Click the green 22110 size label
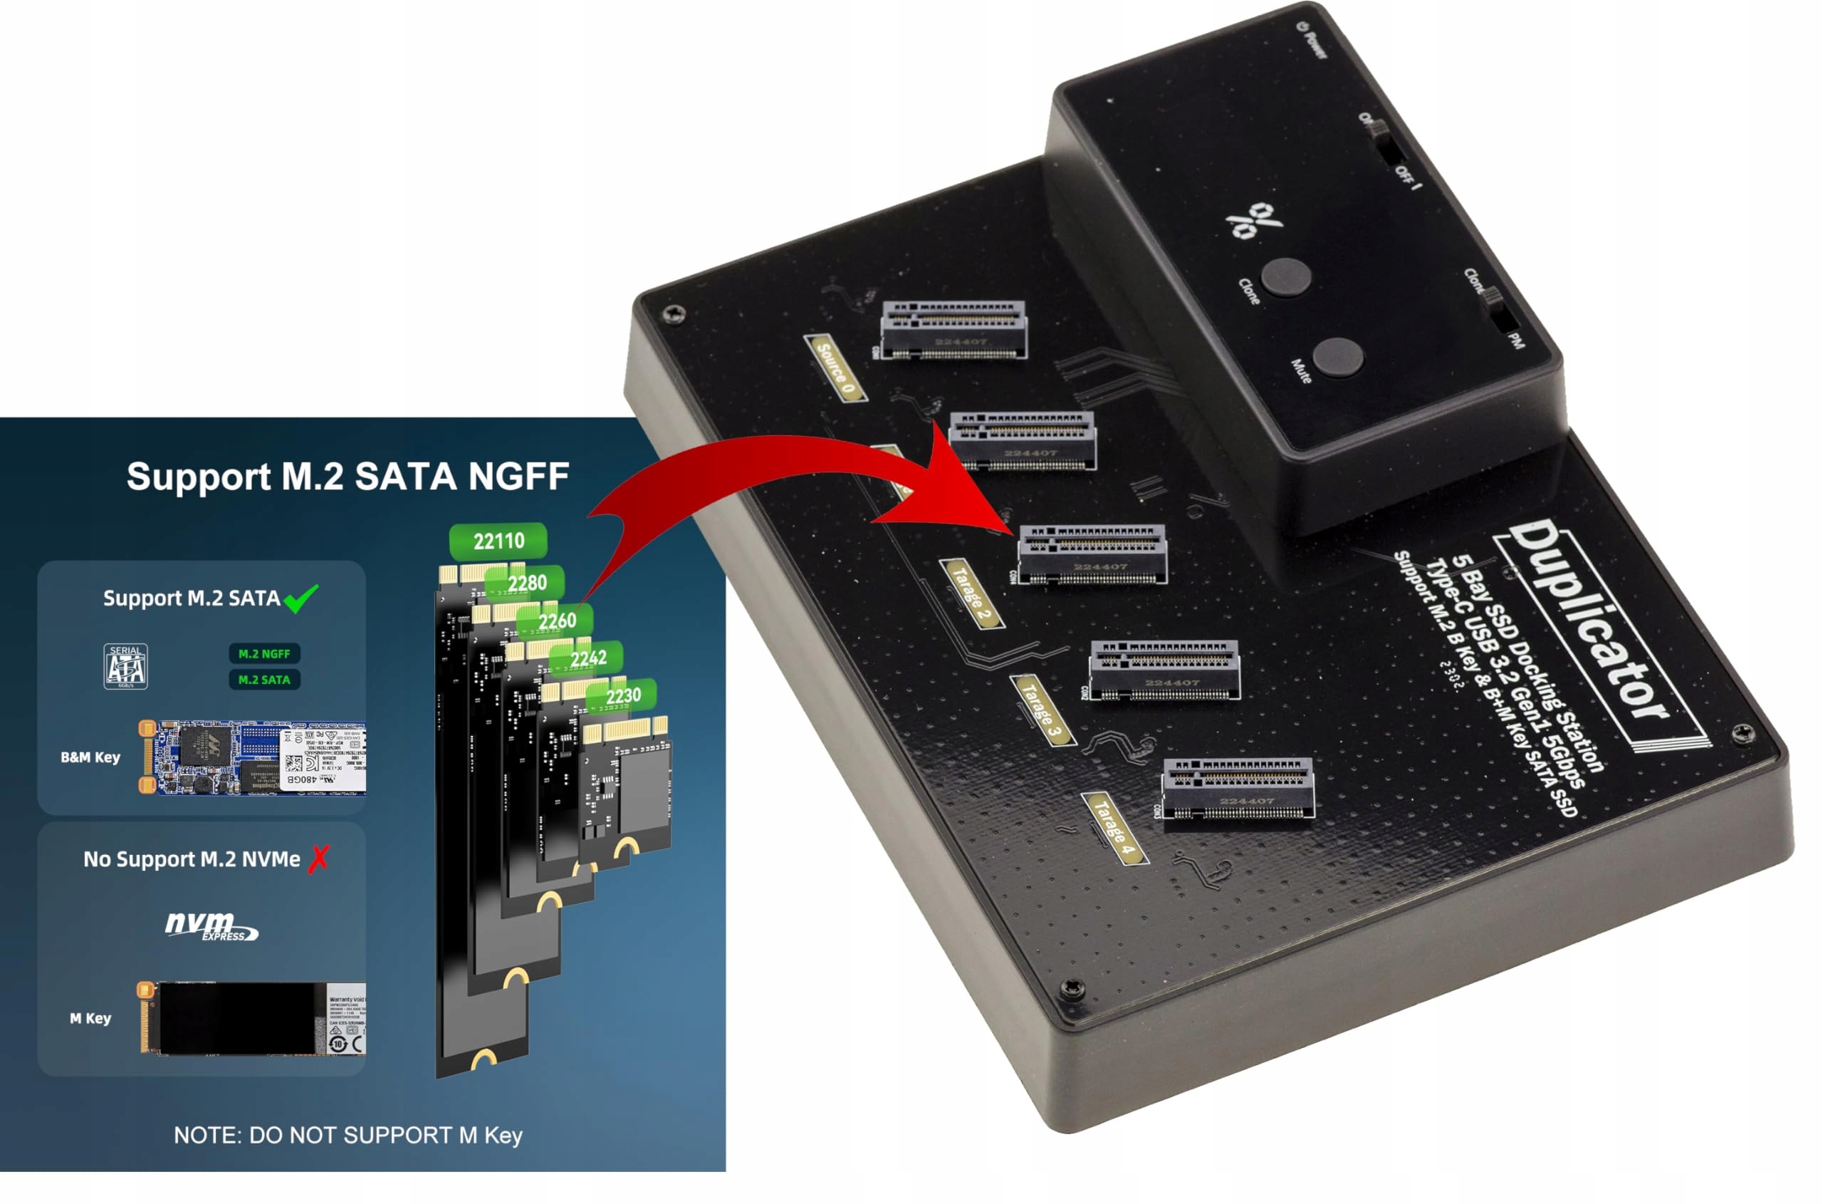click(498, 541)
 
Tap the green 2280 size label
click(526, 583)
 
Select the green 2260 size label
click(556, 621)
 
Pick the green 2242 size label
click(588, 658)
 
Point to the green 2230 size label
click(622, 695)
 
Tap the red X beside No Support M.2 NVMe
click(318, 858)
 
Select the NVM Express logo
click(210, 925)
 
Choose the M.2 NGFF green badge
click(264, 653)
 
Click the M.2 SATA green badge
click(264, 680)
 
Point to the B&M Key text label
click(90, 757)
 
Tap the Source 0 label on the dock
click(835, 368)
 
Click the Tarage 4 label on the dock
click(1114, 828)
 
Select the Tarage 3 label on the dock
click(1043, 710)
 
